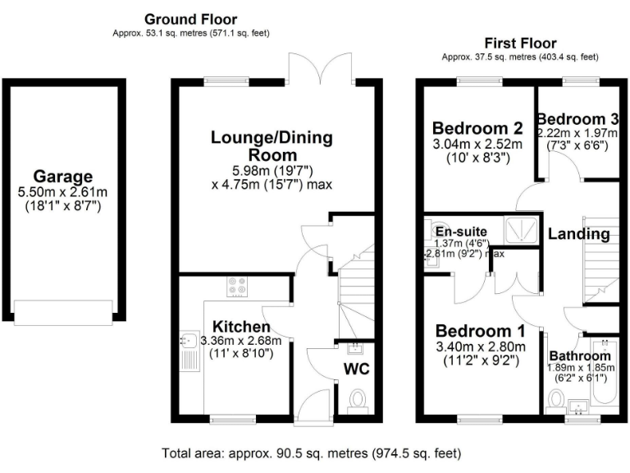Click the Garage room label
[x=63, y=176]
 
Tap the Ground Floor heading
[x=190, y=19]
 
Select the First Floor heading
[x=520, y=43]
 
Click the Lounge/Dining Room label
[x=272, y=146]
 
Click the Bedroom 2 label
[x=477, y=129]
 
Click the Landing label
[x=579, y=234]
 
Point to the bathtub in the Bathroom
[x=606, y=378]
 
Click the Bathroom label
[x=580, y=356]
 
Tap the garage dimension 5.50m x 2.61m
[x=63, y=192]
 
